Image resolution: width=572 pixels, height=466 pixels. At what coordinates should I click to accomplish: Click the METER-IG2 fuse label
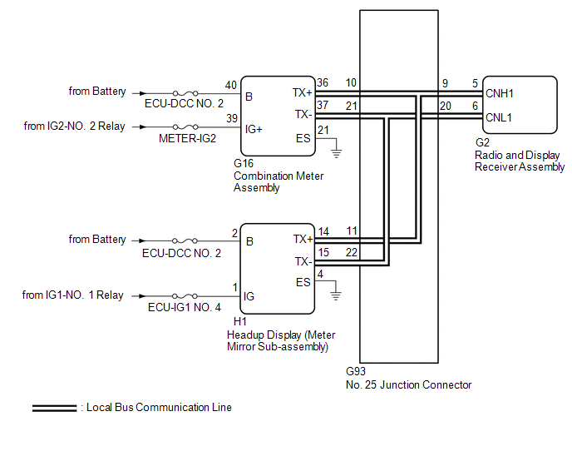[187, 138]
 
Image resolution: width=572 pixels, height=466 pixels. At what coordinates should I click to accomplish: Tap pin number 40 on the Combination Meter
[230, 85]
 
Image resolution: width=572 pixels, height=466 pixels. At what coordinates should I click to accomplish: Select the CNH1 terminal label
[500, 93]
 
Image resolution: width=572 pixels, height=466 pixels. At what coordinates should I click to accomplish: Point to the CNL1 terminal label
[499, 117]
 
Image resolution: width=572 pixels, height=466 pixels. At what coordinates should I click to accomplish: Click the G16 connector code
[244, 163]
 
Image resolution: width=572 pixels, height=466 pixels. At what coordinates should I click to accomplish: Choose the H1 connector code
[240, 321]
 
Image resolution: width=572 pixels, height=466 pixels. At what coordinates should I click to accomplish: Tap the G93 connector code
[356, 371]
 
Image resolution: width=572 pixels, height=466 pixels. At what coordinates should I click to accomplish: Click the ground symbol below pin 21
[337, 153]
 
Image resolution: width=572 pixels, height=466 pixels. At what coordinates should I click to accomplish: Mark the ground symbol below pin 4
[336, 295]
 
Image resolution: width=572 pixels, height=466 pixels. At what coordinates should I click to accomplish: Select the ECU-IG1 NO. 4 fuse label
[185, 308]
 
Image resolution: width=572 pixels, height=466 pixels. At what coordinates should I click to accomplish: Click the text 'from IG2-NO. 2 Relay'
[75, 126]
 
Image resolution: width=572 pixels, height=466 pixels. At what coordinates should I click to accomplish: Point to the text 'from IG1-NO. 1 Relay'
[72, 295]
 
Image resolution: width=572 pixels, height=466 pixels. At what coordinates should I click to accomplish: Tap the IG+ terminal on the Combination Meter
[254, 129]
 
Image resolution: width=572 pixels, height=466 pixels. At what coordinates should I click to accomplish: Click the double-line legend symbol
[54, 409]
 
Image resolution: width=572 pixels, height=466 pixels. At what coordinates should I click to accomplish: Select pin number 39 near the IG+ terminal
[232, 118]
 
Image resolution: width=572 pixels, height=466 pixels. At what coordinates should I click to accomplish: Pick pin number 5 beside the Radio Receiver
[475, 84]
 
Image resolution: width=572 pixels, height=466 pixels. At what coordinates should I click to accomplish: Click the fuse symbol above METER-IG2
[185, 126]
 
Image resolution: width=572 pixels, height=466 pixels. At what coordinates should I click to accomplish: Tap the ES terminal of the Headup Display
[303, 282]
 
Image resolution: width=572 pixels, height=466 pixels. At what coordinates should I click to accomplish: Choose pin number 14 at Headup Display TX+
[323, 232]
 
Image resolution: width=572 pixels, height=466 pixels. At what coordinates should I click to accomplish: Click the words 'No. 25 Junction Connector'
[408, 385]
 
